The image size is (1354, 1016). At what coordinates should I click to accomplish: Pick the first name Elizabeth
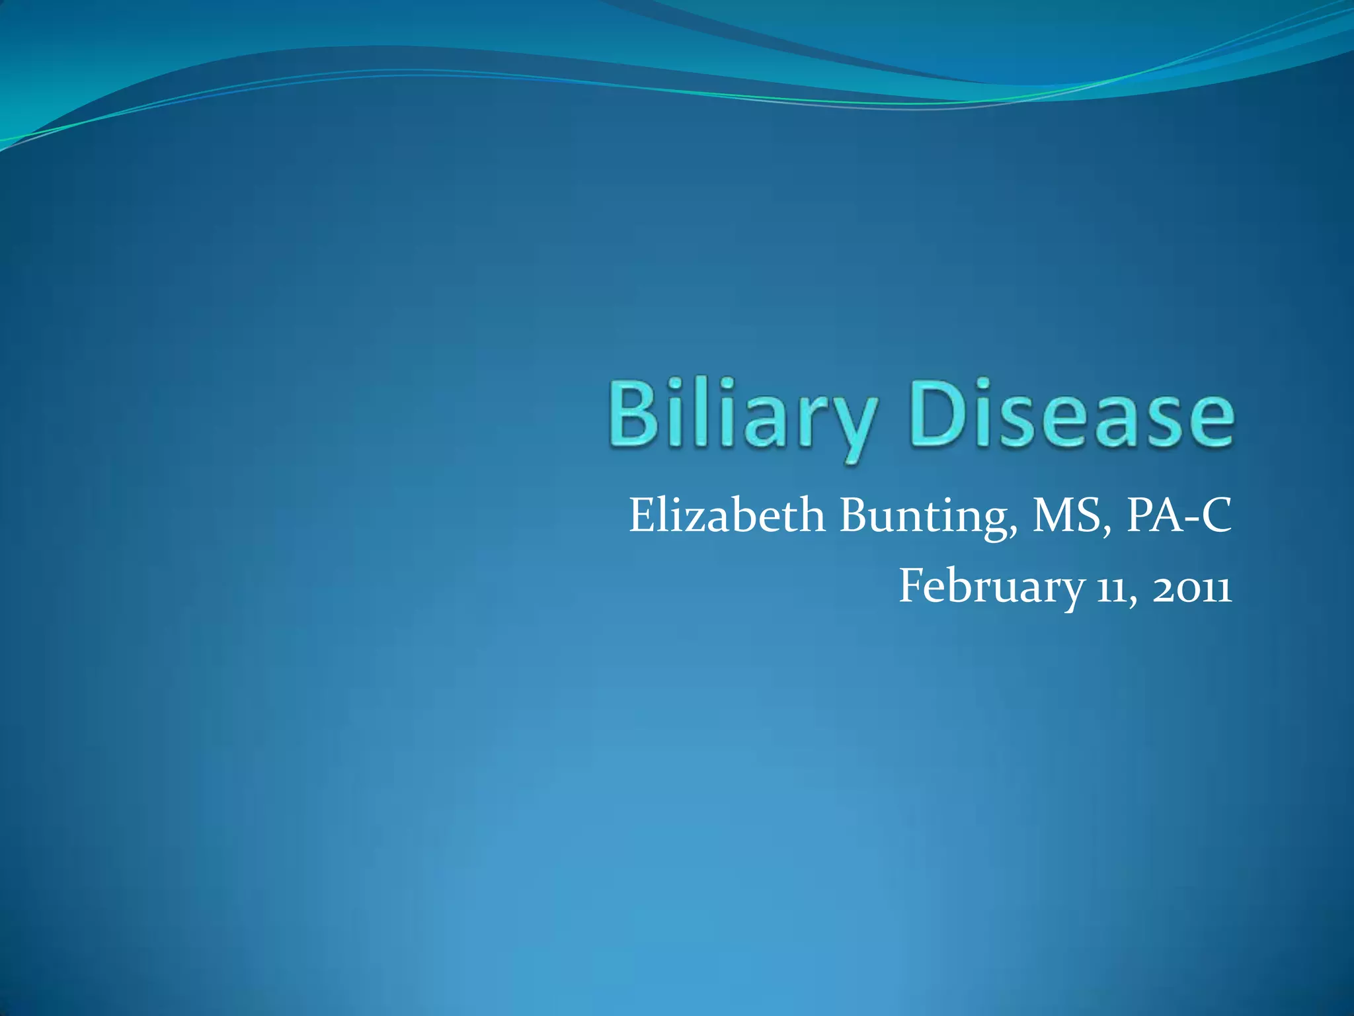[x=727, y=515]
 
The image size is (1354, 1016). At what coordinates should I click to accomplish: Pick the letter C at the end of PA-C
[x=1216, y=515]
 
